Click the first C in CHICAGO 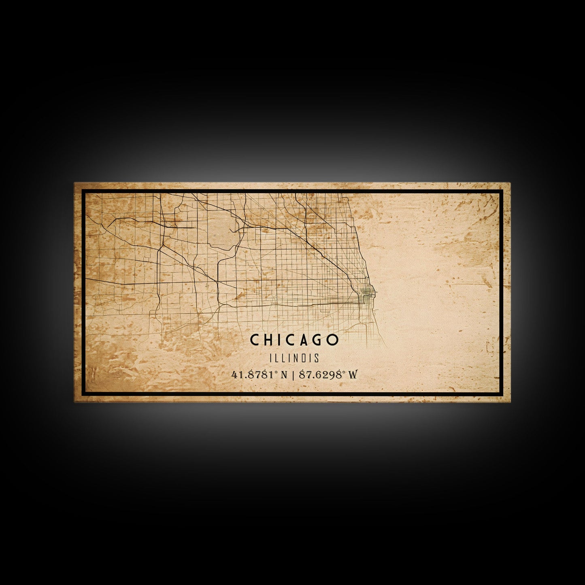point(255,340)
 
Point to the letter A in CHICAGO point(303,340)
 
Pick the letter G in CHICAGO point(318,340)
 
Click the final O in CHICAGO point(333,340)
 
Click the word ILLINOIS point(294,358)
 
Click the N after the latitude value point(284,374)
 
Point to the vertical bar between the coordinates point(293,374)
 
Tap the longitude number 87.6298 point(320,374)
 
